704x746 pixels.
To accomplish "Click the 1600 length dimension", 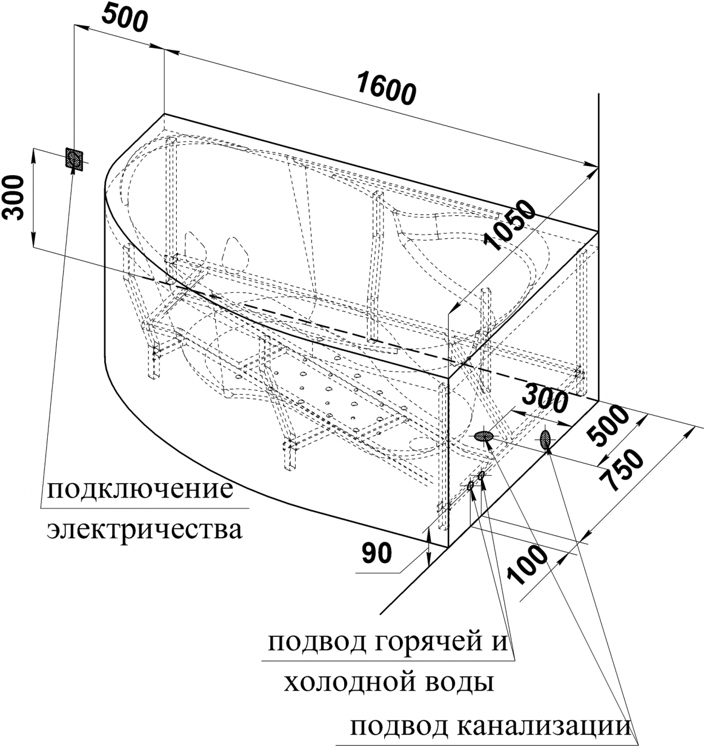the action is click(387, 88).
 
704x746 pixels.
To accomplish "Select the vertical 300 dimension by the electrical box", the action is click(14, 198).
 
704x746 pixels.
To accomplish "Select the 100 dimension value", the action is click(527, 565).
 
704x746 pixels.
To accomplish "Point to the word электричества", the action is click(145, 530).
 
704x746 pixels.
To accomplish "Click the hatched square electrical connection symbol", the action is click(74, 159).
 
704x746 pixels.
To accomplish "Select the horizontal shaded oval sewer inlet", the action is click(483, 436).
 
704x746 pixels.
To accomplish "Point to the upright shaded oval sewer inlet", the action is click(545, 439).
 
